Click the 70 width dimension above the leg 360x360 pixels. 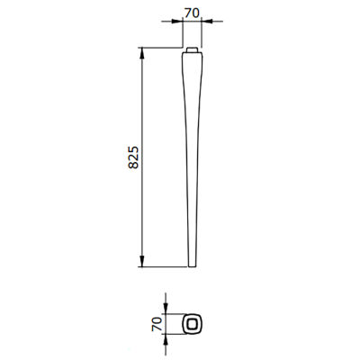tap(192, 13)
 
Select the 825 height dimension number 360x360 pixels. tap(133, 157)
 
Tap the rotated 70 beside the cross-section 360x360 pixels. tap(157, 324)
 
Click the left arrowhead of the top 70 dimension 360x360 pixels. tap(177, 21)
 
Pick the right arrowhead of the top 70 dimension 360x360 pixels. tap(207, 21)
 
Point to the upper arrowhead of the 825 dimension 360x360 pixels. tap(142, 53)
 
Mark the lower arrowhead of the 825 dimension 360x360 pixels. tap(142, 261)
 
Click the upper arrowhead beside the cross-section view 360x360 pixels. tap(166, 308)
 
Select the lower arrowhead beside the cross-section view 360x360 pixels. tap(166, 339)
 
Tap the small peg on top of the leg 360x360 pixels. tap(192, 49)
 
